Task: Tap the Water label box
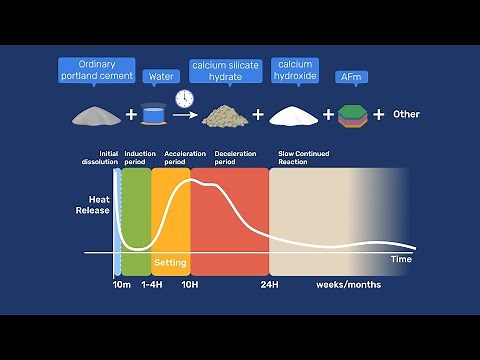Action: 156,76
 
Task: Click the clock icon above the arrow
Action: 183,99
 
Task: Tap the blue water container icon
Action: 155,115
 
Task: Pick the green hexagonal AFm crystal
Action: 350,115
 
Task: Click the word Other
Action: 406,114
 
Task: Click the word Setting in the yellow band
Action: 170,263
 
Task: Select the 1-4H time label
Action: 151,285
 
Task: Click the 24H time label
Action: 268,285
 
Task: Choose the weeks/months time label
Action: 348,285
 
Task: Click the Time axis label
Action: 400,259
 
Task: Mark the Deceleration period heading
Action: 237,158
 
